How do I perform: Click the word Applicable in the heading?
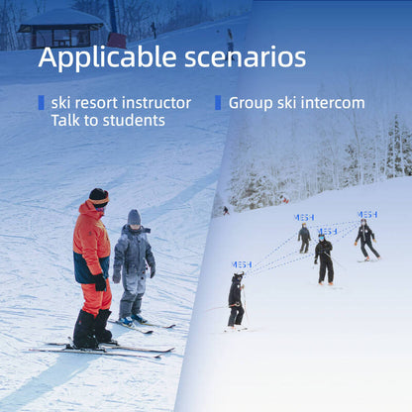(108, 57)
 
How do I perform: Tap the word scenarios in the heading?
(246, 57)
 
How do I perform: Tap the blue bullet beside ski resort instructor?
(42, 102)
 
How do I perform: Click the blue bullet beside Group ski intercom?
(218, 102)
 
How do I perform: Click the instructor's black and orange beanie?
(99, 197)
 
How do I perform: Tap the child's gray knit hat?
(134, 217)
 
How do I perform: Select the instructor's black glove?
(100, 282)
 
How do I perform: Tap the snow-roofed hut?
(61, 29)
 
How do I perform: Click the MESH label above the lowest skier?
(242, 264)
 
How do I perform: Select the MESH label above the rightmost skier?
(367, 215)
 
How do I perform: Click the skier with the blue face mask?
(324, 259)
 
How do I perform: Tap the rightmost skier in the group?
(366, 240)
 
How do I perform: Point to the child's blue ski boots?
(132, 320)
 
